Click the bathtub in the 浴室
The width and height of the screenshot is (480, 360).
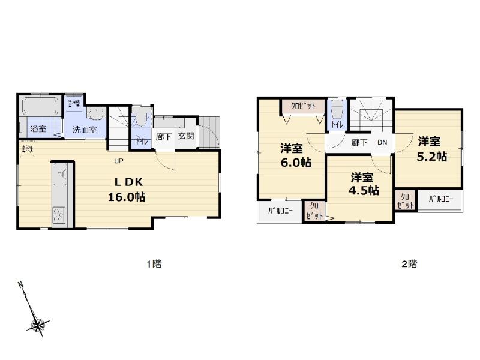point(40,109)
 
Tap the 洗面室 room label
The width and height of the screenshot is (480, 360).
point(84,130)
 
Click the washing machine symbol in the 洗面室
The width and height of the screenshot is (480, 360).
point(75,104)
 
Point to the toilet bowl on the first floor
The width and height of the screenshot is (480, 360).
point(142,119)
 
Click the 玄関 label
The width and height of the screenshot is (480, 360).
point(185,136)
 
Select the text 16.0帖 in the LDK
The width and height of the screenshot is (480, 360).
point(126,196)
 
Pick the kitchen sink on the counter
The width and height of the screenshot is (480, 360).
point(61,178)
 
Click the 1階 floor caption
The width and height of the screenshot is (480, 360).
point(154,263)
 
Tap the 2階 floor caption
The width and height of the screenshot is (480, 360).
point(409,263)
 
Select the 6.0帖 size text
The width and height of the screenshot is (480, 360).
point(293,163)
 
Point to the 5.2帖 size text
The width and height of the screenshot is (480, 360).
point(432,156)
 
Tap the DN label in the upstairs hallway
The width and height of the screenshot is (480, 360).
point(382,143)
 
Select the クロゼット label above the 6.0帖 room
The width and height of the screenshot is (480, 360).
point(304,106)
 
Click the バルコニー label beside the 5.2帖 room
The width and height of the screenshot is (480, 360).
point(441,199)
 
